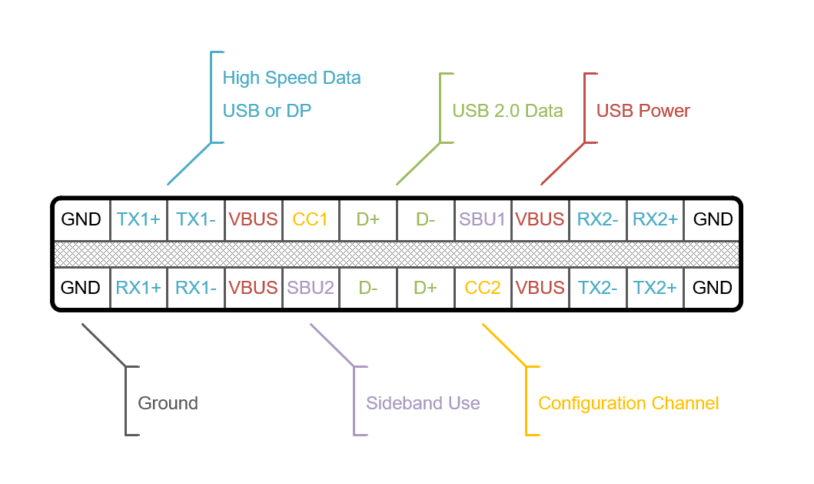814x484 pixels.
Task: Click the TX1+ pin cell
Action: tap(138, 219)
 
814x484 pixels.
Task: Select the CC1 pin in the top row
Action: tap(311, 219)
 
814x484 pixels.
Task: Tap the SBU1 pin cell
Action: tap(483, 219)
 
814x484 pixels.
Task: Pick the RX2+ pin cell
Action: tap(655, 219)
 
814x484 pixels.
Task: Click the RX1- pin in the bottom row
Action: tap(196, 288)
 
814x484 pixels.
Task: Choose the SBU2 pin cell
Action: tap(311, 288)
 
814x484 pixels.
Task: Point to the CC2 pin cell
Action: tap(483, 288)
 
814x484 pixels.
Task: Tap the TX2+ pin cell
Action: tap(655, 288)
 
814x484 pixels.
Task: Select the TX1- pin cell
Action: tap(196, 219)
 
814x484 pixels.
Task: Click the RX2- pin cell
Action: tap(598, 219)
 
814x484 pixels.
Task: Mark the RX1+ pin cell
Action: tap(138, 288)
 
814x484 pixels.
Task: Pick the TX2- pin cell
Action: tap(598, 288)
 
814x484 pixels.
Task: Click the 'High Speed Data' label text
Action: tap(291, 78)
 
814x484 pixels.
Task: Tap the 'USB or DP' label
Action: tap(267, 111)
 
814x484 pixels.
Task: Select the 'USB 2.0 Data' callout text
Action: tap(507, 111)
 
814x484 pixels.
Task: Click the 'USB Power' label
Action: tap(643, 111)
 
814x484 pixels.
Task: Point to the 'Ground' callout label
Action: tap(168, 403)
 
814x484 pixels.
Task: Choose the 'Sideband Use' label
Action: tap(423, 403)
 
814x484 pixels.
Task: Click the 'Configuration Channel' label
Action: tap(628, 403)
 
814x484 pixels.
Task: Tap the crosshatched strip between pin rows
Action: tap(396, 254)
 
